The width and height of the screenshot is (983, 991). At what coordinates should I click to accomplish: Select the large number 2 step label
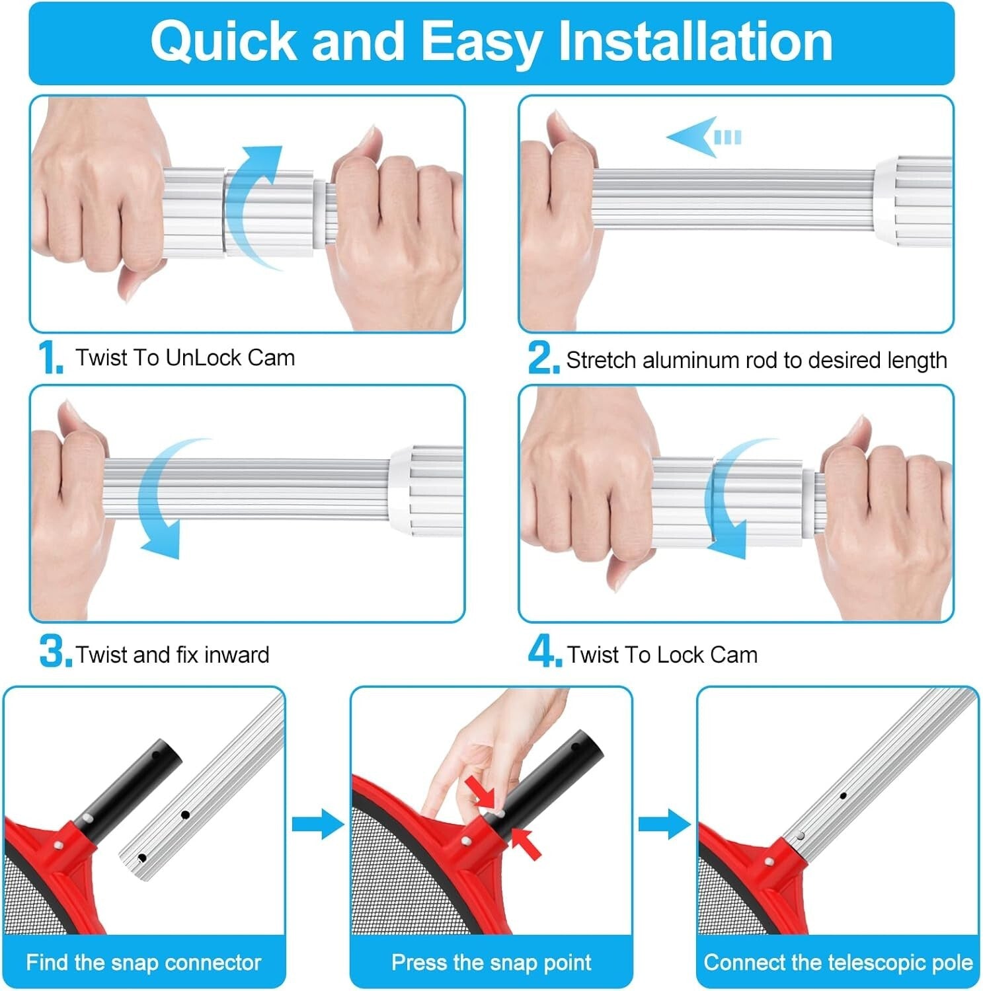click(x=543, y=359)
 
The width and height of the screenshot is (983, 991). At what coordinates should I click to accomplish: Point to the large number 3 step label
click(x=55, y=652)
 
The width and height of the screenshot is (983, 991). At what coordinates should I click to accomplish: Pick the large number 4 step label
click(x=544, y=652)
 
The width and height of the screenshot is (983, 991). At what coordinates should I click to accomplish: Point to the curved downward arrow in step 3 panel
click(x=162, y=502)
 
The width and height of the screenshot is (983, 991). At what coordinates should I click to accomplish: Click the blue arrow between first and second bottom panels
click(x=317, y=824)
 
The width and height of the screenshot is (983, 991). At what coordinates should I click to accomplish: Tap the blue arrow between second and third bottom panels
click(x=664, y=824)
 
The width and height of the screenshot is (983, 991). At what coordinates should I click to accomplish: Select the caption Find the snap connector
click(x=143, y=962)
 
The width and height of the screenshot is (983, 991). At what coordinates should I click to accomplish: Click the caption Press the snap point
click(x=491, y=962)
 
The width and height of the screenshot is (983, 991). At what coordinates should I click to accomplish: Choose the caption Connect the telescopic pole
click(x=838, y=962)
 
